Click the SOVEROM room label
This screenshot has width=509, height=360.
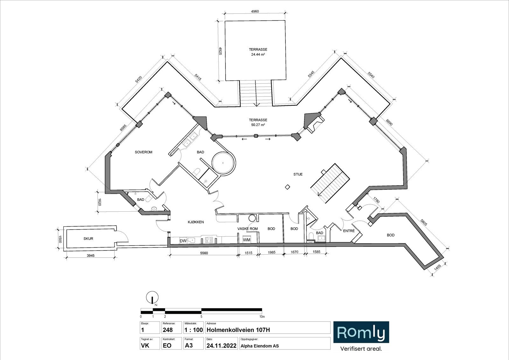(x=143, y=152)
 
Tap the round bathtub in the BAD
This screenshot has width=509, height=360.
(x=224, y=163)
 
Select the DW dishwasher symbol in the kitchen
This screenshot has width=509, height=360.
(x=183, y=241)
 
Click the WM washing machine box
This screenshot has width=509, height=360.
(x=247, y=240)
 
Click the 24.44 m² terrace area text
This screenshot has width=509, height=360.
(x=258, y=54)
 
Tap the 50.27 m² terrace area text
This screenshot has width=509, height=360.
(x=258, y=125)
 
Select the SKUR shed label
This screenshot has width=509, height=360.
(x=88, y=238)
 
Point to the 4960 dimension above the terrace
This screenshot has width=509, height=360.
(x=255, y=11)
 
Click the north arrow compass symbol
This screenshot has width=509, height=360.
(x=152, y=298)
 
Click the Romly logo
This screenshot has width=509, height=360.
(x=361, y=332)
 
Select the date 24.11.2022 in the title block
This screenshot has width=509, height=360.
(x=221, y=346)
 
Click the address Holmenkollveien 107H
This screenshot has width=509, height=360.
(x=238, y=330)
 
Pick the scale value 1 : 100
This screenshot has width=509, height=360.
(x=193, y=330)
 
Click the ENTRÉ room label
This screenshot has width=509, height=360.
(x=349, y=231)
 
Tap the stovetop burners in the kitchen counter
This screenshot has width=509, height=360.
(x=209, y=240)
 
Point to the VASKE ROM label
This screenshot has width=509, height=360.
(x=248, y=229)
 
